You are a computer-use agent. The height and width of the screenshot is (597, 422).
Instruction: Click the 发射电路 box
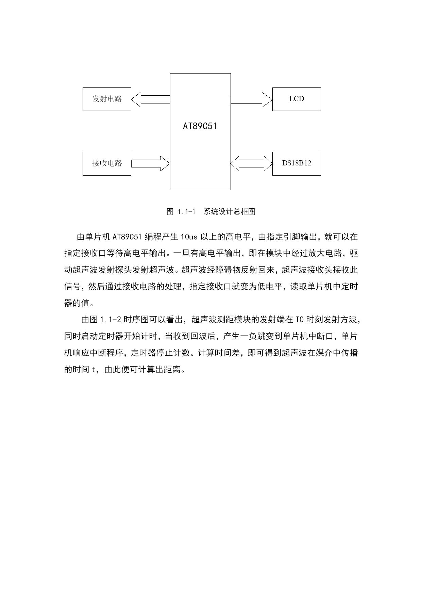(107, 99)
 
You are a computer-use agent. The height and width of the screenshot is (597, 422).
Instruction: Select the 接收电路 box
(107, 164)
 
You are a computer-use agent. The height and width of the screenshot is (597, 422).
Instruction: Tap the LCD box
(297, 99)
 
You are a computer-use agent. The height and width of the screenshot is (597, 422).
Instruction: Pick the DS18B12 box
(297, 164)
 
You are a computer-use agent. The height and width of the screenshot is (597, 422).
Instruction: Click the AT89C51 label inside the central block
(200, 126)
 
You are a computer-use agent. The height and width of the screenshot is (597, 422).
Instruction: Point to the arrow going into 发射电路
(150, 99)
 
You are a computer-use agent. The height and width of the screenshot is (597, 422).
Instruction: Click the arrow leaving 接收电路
(150, 164)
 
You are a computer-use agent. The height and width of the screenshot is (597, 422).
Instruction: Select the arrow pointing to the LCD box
(252, 99)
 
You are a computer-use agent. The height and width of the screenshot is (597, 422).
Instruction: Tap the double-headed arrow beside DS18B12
(252, 164)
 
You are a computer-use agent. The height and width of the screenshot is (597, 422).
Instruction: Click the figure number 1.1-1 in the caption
(186, 212)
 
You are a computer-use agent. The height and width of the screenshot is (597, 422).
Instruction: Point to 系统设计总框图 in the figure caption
(230, 212)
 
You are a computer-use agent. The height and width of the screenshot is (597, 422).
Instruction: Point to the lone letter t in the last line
(93, 370)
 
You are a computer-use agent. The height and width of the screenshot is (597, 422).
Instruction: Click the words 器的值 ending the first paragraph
(77, 303)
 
